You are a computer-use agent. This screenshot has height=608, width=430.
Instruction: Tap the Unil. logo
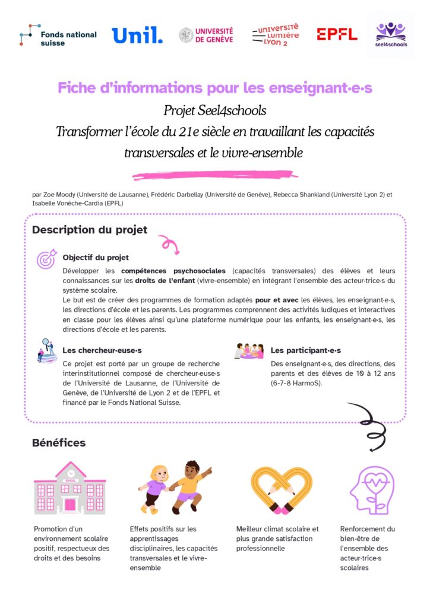[137, 35]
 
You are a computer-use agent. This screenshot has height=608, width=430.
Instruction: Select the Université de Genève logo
[206, 35]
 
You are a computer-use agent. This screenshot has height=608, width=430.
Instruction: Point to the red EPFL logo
[337, 34]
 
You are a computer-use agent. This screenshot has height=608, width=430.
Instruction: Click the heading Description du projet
[90, 230]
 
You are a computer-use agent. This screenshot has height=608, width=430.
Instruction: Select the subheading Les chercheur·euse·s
[102, 350]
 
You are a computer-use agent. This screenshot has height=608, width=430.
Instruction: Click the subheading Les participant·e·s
[306, 350]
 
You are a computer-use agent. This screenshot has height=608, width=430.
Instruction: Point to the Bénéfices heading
[59, 442]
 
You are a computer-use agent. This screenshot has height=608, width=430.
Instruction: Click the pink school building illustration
[69, 488]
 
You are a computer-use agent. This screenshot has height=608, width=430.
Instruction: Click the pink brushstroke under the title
[214, 175]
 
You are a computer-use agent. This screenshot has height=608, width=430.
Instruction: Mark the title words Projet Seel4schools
[215, 110]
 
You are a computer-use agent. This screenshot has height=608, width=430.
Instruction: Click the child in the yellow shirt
[189, 486]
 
